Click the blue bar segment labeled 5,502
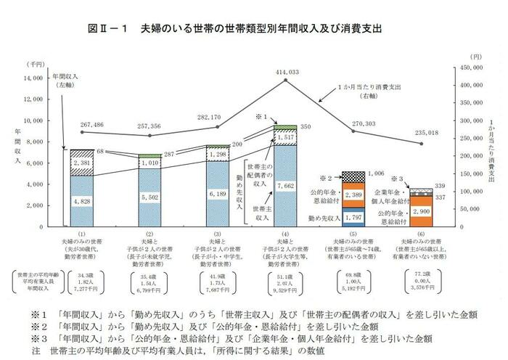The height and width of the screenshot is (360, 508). coord(149,197)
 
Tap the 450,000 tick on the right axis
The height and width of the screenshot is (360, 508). coord(466,67)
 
